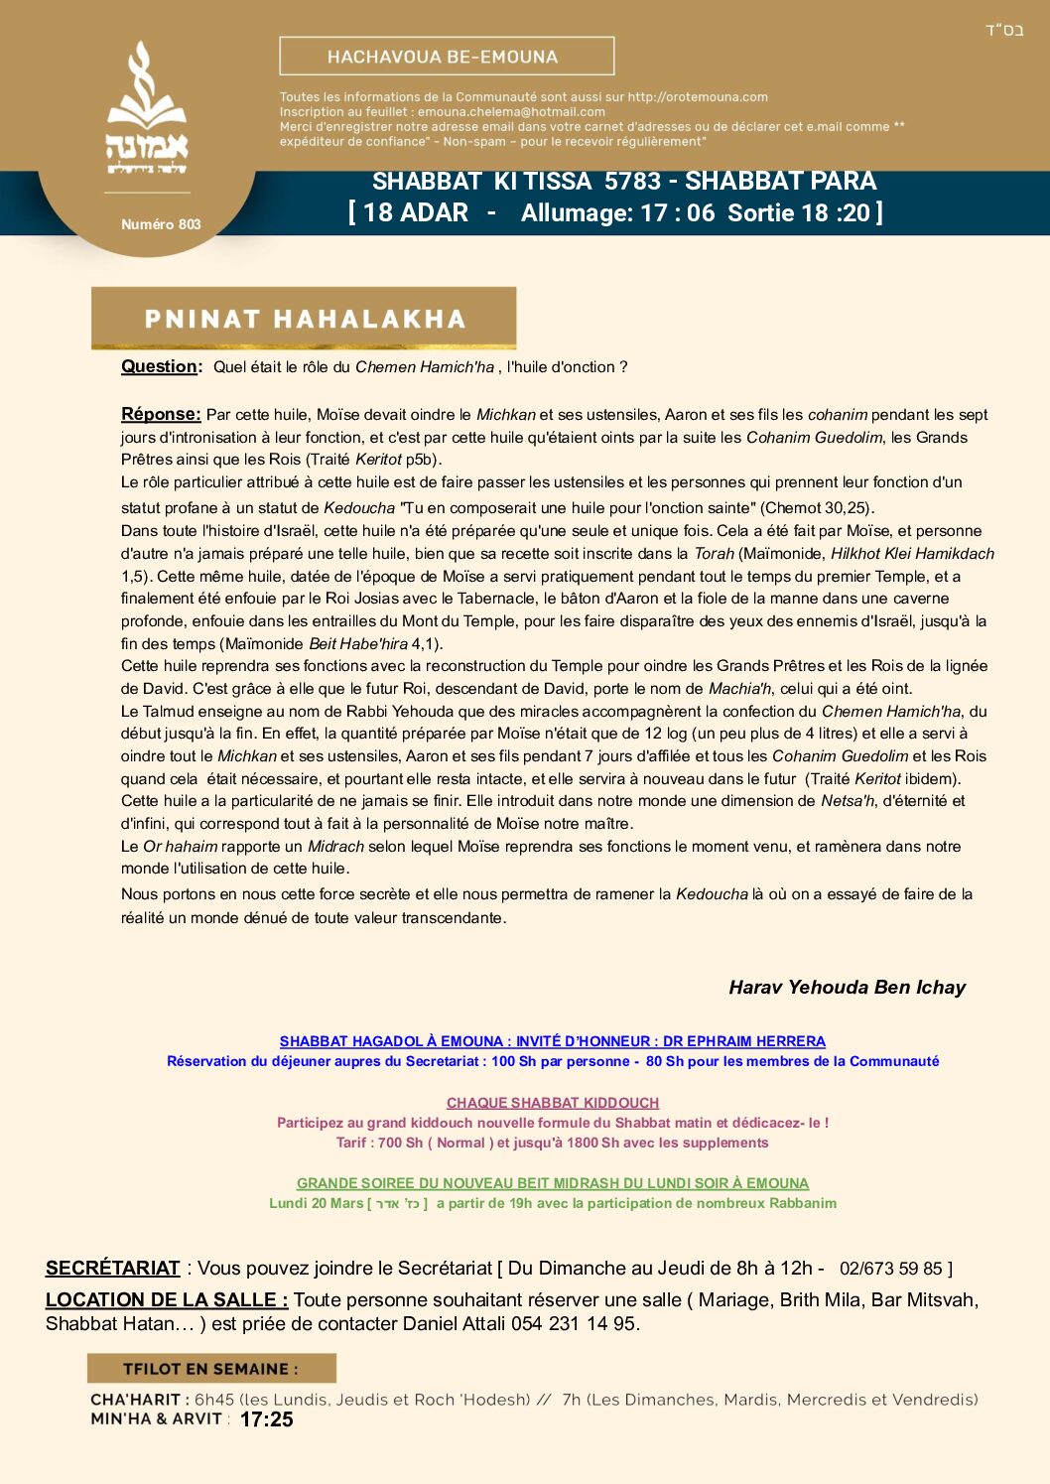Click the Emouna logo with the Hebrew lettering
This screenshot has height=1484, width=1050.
pyautogui.click(x=147, y=110)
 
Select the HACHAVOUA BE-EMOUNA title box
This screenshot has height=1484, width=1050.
pyautogui.click(x=447, y=57)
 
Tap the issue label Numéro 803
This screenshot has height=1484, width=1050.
pyautogui.click(x=161, y=224)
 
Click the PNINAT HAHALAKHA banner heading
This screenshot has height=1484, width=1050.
pyautogui.click(x=305, y=319)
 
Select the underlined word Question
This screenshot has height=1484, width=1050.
pyautogui.click(x=159, y=366)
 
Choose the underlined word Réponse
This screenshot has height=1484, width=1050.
pyautogui.click(x=161, y=414)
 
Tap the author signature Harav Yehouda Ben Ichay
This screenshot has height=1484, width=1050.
pyautogui.click(x=847, y=987)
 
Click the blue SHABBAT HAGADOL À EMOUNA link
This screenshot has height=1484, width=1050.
pyautogui.click(x=552, y=1041)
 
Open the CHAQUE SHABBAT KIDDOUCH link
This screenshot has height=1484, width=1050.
pyautogui.click(x=552, y=1103)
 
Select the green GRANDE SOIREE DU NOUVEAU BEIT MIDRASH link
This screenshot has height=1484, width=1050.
pyautogui.click(x=552, y=1183)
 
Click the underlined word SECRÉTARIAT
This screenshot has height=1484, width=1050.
pyautogui.click(x=112, y=1268)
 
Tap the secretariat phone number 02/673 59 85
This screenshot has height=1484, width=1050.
pyautogui.click(x=890, y=1269)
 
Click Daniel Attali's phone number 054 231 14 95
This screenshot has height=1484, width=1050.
pyautogui.click(x=575, y=1323)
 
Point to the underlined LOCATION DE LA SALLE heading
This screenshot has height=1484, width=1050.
pyautogui.click(x=167, y=1299)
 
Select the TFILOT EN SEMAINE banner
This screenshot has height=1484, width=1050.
pyautogui.click(x=211, y=1369)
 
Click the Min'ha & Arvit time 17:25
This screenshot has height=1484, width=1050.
pyautogui.click(x=266, y=1419)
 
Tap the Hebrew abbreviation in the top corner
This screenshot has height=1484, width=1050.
pyautogui.click(x=1003, y=30)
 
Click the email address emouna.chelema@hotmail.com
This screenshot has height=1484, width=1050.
pyautogui.click(x=511, y=112)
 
